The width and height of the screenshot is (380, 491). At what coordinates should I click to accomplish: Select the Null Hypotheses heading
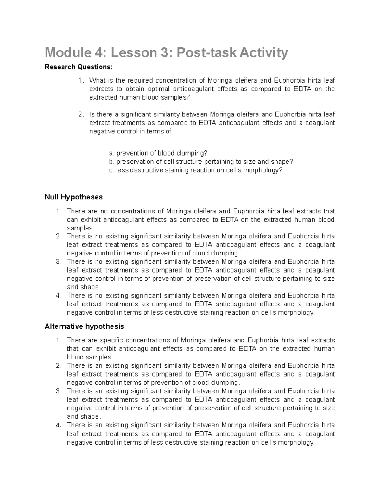click(74, 197)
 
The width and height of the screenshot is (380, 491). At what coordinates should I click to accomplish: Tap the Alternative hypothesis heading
click(84, 326)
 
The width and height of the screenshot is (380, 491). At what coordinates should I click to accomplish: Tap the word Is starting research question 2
click(92, 114)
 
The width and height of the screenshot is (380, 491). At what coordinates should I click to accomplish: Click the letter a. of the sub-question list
click(111, 153)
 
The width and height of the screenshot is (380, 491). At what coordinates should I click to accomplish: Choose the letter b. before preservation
click(111, 162)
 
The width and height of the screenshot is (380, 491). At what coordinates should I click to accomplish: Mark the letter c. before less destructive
click(111, 170)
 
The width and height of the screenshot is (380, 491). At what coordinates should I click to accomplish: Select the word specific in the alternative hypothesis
click(111, 340)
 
